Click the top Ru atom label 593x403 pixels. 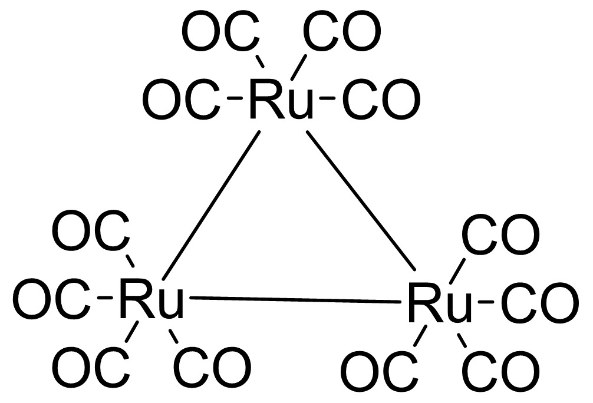282,100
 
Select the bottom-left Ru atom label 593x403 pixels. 151,299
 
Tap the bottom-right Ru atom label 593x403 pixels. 440,303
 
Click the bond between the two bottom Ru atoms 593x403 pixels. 295,300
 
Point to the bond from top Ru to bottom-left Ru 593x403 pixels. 211,206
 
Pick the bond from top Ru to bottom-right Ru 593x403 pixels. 361,201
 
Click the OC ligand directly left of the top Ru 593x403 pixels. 181,100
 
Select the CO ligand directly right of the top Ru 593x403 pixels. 381,100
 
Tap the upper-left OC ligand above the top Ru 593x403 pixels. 221,31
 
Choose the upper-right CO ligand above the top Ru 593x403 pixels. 342,31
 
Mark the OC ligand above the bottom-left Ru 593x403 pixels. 91,230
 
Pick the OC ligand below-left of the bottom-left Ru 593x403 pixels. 91,366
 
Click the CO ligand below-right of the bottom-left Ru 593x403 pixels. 212,366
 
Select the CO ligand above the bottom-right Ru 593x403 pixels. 500,234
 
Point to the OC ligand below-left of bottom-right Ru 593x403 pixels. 380,371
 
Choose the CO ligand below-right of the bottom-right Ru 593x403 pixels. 500,371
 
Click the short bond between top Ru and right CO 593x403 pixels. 328,99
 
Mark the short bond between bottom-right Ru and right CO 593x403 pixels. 486,302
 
